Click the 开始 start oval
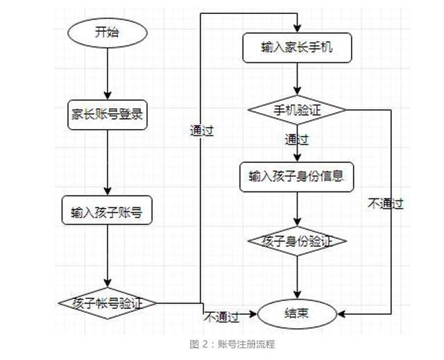coord(108,32)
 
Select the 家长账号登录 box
coord(108,114)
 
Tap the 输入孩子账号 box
coord(107,212)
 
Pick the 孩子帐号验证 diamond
coord(107,303)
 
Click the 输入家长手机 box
coord(297,47)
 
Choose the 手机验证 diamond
coord(297,110)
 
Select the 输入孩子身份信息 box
coord(297,176)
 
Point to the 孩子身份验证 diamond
coord(297,241)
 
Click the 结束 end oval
coord(297,314)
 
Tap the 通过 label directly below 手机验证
coord(297,139)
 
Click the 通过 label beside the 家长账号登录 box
coord(201,130)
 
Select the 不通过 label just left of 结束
coord(221,317)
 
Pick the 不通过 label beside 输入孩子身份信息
coord(386,203)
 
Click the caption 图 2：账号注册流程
coord(232,344)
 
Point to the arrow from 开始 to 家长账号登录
coord(108,72)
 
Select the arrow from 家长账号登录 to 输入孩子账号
coord(108,163)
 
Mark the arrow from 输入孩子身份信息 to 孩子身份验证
coord(297,209)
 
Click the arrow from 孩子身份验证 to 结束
coord(297,277)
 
